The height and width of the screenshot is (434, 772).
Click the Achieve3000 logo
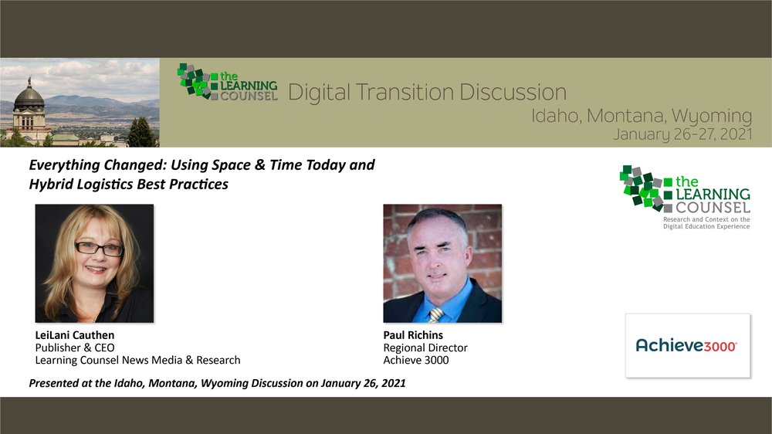686,346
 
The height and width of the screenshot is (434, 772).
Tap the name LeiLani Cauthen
74,335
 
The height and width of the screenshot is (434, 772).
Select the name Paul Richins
413,335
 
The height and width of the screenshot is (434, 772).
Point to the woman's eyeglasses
99,249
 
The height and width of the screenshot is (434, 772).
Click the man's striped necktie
435,314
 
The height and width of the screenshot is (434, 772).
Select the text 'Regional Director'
425,348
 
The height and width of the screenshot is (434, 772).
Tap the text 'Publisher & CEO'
75,348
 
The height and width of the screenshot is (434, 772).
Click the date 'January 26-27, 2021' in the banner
682,134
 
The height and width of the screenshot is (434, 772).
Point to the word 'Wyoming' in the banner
712,117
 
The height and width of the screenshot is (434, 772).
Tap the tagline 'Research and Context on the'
706,219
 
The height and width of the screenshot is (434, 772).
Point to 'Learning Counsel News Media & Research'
138,360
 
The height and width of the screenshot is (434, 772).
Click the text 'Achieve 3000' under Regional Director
416,360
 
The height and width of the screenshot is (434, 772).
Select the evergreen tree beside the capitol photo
141,133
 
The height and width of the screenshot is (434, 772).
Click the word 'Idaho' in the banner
554,116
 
